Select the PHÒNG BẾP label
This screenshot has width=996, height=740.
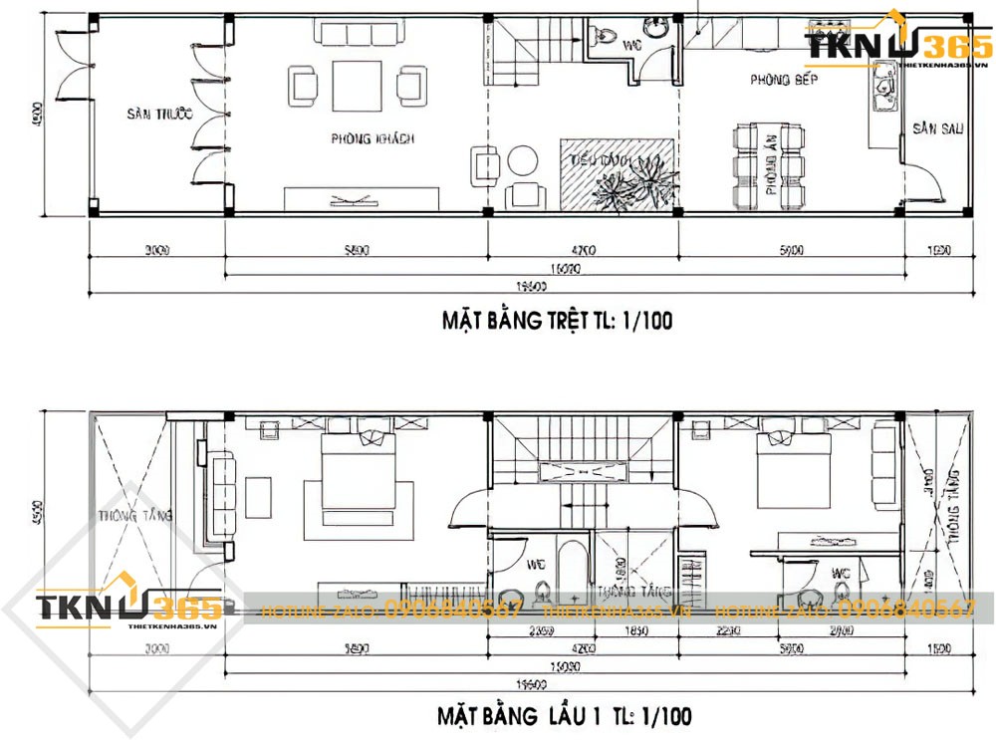(x=784, y=79)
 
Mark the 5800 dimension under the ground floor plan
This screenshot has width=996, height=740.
(x=355, y=251)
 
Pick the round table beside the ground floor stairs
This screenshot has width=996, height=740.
(x=522, y=160)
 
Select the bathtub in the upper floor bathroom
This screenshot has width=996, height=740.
(x=574, y=572)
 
